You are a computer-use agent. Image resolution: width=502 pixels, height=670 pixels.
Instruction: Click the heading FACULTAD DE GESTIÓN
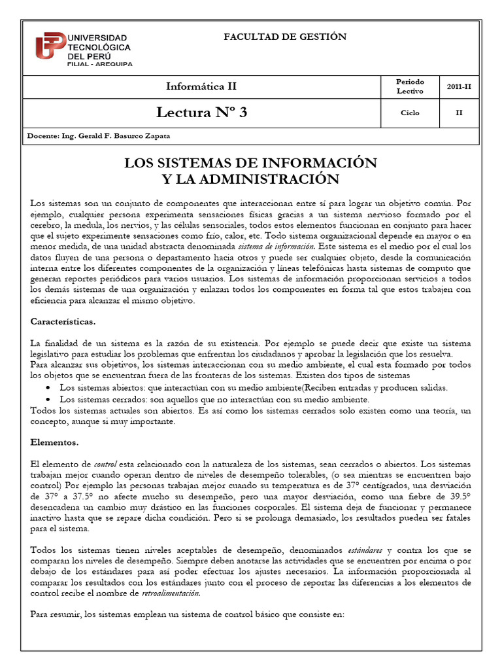coord(285,37)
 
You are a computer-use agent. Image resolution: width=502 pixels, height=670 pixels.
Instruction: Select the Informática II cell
coord(202,86)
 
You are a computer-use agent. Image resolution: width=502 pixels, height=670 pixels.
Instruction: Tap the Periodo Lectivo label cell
coord(410,86)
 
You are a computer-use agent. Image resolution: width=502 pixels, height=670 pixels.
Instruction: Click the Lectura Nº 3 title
coord(202,113)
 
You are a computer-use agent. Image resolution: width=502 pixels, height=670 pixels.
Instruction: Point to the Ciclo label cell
coord(410,113)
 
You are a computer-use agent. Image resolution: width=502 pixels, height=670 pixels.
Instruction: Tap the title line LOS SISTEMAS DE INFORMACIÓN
coord(251,162)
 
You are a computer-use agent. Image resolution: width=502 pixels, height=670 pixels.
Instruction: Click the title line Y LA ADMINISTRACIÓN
coord(251,179)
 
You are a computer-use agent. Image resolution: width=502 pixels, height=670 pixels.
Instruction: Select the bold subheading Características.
coord(63,321)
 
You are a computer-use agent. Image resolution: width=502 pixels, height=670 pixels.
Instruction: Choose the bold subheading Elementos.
coord(54,442)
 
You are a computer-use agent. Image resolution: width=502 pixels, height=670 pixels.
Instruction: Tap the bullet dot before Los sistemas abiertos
coord(50,388)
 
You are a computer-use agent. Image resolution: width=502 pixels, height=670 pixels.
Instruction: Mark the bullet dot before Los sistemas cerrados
coord(50,399)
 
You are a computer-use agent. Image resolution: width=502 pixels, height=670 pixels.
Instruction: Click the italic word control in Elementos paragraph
coord(105,464)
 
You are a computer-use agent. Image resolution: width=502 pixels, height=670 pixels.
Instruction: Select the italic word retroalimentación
coord(171,593)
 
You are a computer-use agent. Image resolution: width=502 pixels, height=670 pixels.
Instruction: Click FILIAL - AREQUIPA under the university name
coord(99,64)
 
